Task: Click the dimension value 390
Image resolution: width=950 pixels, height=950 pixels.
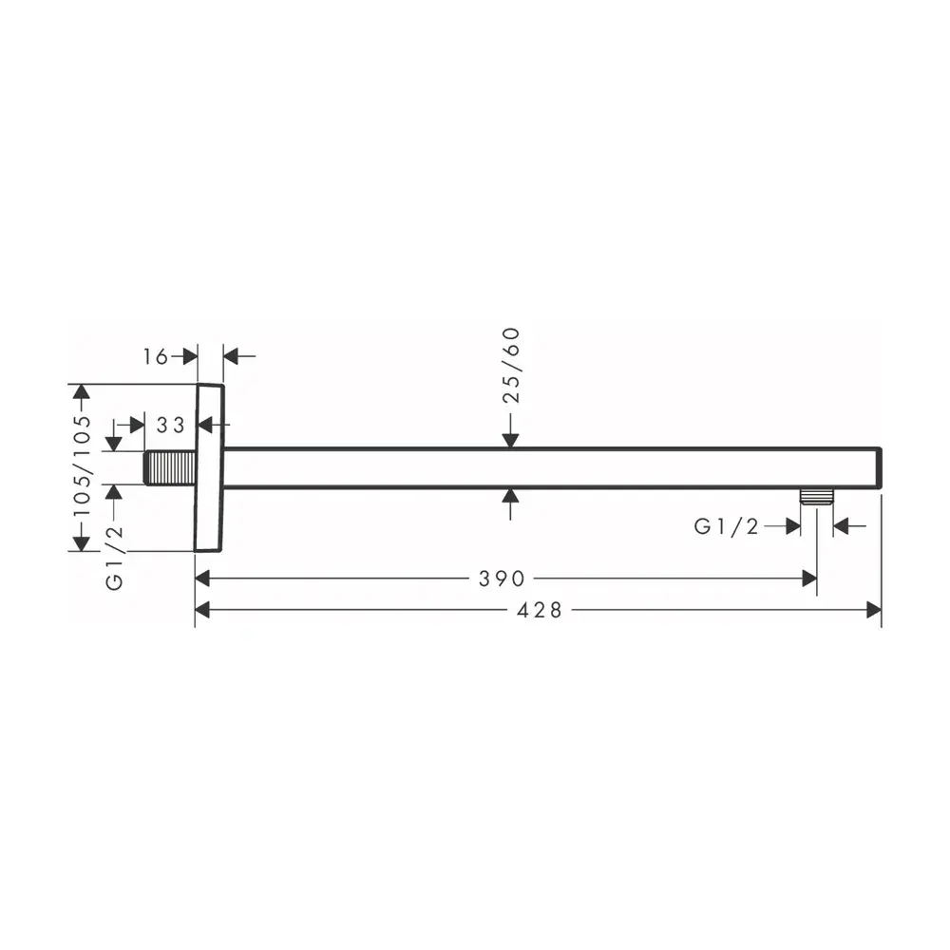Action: click(x=501, y=579)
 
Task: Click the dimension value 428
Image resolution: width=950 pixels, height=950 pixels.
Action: click(x=540, y=610)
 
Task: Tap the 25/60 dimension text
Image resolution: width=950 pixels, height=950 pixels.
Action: click(x=512, y=366)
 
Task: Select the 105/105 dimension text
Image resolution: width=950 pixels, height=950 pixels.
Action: click(x=82, y=465)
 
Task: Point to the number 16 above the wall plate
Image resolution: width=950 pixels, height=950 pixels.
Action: click(x=155, y=357)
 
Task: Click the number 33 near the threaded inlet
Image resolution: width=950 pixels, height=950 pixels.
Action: click(x=170, y=426)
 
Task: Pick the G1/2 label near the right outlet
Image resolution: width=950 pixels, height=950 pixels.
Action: click(x=726, y=526)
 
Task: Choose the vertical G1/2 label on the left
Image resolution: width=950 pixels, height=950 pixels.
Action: click(x=115, y=557)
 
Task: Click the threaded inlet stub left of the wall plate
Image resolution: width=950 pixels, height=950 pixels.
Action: click(x=170, y=467)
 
